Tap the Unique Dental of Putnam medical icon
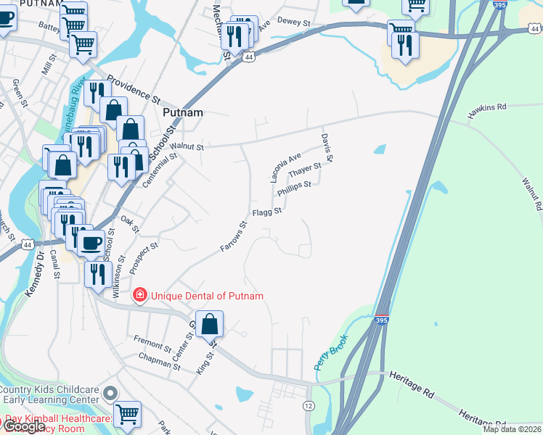pyautogui.click(x=139, y=295)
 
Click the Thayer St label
pyautogui.click(x=304, y=172)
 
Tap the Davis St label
pyautogui.click(x=327, y=147)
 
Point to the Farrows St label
pyautogui.click(x=235, y=237)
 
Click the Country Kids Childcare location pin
pyautogui.click(x=110, y=394)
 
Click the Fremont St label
pyautogui.click(x=152, y=339)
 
